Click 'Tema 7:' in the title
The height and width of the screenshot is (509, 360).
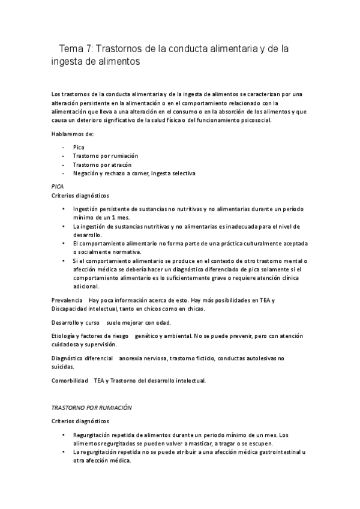tap(76, 47)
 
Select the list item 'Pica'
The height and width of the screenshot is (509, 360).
tap(79, 147)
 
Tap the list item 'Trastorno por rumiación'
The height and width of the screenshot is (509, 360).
tap(101, 156)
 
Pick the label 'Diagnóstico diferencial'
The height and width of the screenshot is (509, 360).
tap(83, 358)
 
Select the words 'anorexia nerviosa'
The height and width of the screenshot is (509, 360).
tap(143, 358)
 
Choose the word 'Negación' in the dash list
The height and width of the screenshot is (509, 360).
tap(86, 173)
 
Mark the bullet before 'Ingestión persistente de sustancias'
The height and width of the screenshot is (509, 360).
tap(64, 209)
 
